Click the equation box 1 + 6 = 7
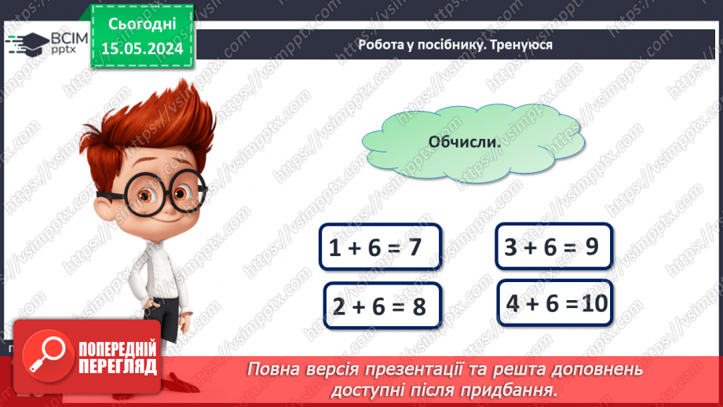(380, 247)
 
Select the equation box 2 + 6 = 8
(383, 306)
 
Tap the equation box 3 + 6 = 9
(553, 246)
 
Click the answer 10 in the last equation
(595, 302)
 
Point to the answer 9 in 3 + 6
(592, 246)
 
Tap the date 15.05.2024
(141, 49)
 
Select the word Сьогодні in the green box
(141, 24)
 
